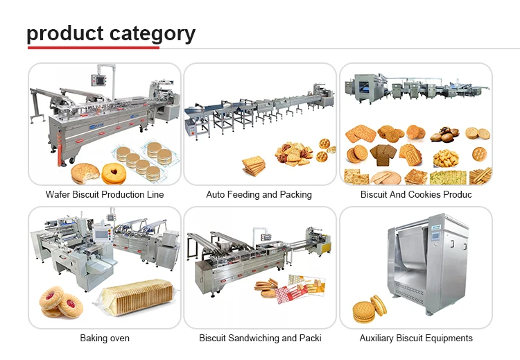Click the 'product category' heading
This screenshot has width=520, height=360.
[x=111, y=33]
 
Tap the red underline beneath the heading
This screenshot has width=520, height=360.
[x=93, y=47]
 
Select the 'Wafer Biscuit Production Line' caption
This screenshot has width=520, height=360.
[x=105, y=195]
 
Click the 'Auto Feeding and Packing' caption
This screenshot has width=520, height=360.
[x=259, y=195]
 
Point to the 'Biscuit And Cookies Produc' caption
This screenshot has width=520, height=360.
[x=416, y=195]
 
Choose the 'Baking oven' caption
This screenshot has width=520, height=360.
[x=105, y=338]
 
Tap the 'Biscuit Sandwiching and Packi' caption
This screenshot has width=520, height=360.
[x=260, y=338]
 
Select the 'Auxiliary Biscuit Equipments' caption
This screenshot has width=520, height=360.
[x=416, y=338]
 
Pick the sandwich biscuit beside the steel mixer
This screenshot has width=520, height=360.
[x=369, y=310]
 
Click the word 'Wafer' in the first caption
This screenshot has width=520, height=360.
[x=58, y=195]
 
